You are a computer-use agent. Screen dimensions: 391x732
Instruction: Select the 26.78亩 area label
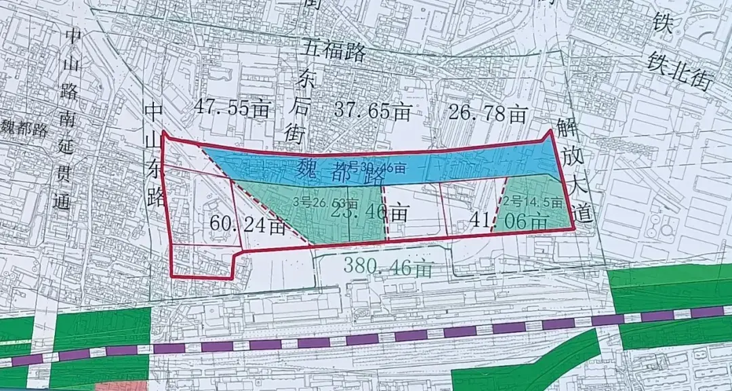point(488,112)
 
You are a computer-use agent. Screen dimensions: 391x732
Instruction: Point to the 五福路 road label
point(333,51)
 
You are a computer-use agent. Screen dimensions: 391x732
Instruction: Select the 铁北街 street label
point(679,70)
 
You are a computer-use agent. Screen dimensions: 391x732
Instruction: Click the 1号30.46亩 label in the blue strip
point(375,168)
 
